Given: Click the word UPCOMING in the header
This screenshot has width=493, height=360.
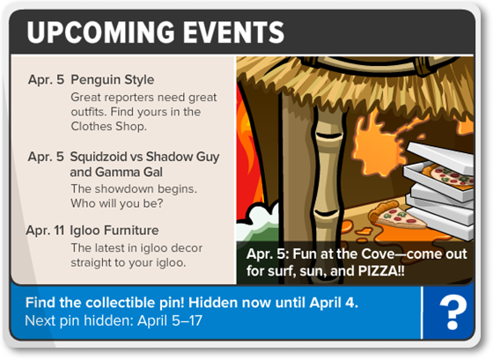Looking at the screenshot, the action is point(100,32).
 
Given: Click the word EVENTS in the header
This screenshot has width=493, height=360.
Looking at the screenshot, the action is point(233,32).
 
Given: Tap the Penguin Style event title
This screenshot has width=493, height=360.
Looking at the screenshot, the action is point(113,80).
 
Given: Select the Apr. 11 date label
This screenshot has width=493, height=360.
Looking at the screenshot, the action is point(45,231).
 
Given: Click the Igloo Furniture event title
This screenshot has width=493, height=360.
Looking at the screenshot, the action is point(114,231).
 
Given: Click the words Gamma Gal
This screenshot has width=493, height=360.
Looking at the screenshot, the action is point(129,172).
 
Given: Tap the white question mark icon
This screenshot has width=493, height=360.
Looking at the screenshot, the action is point(453,313).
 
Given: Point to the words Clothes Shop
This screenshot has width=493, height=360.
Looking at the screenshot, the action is point(108,127).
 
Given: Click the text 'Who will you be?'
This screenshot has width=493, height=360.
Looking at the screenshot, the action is point(116,203).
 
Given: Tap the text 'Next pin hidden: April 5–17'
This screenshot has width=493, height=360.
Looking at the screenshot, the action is point(114,320).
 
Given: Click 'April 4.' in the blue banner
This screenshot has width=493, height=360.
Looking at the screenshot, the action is point(334,303).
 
